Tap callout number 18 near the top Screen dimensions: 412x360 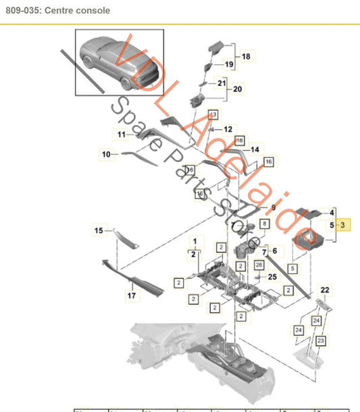tap(245, 57)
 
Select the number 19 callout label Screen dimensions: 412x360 tap(229, 65)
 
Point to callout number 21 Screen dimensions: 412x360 tap(221, 83)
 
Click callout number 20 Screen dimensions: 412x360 tap(237, 88)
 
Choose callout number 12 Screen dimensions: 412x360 tap(227, 128)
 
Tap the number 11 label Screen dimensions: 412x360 tap(122, 134)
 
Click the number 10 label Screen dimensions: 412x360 tap(106, 155)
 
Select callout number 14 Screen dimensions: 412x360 tap(255, 149)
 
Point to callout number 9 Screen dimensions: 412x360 tap(274, 207)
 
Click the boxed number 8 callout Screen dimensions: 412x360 tap(264, 223)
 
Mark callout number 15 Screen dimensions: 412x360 tap(99, 231)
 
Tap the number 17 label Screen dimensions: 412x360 tap(132, 296)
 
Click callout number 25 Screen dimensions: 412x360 tap(272, 277)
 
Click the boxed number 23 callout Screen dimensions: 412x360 tap(321, 340)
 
